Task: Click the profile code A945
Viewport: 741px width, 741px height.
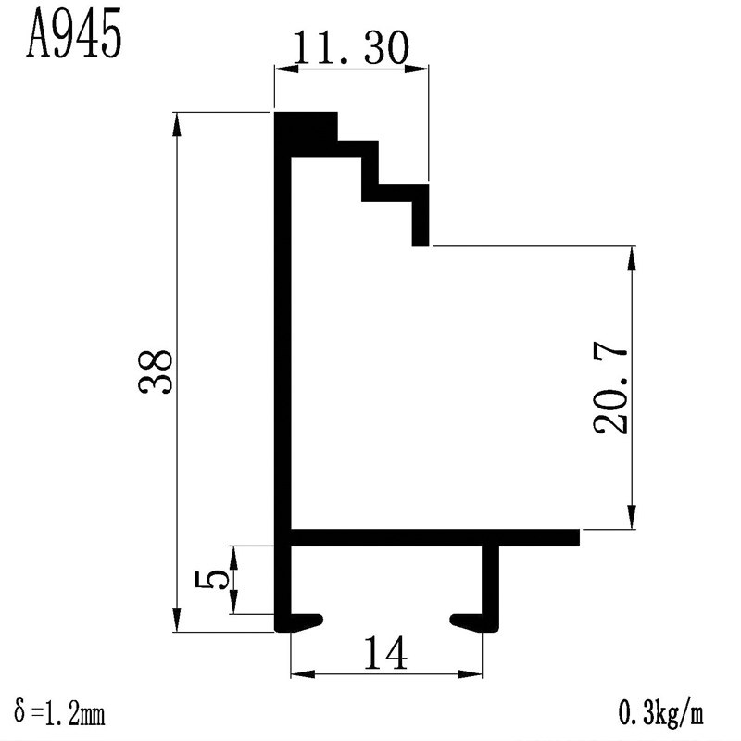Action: point(74,35)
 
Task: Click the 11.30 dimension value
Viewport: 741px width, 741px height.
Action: point(350,49)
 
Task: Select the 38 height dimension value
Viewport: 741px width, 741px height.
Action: point(155,372)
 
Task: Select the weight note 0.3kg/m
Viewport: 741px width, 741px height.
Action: point(660,714)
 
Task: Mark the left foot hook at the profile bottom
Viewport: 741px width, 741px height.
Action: point(302,620)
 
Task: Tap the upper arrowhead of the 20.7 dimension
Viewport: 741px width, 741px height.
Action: point(632,257)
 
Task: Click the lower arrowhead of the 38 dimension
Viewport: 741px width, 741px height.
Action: point(177,622)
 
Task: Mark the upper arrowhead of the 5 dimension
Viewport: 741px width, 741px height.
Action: point(235,554)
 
